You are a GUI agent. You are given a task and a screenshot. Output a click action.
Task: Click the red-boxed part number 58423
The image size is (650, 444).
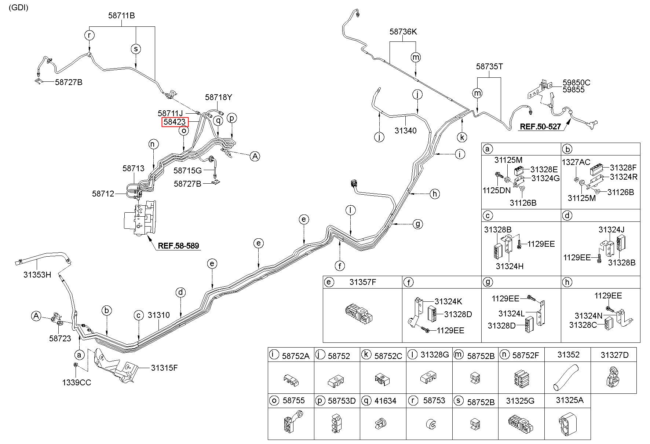tap(175, 122)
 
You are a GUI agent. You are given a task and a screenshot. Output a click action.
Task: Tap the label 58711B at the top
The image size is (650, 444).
tap(121, 16)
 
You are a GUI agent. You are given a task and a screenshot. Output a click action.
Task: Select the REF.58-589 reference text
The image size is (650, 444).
tap(179, 245)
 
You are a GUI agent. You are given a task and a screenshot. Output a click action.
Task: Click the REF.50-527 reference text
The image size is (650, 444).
tap(540, 127)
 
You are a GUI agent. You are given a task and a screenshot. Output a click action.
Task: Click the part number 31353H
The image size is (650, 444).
tap(37, 274)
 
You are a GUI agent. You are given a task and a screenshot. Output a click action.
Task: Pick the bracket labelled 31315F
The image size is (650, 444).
tap(115, 367)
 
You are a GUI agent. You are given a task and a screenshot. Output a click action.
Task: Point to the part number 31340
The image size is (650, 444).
tap(405, 131)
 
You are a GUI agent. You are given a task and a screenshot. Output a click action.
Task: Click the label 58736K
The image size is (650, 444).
tap(403, 32)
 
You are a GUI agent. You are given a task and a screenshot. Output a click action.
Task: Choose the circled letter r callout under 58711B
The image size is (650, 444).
tap(89, 35)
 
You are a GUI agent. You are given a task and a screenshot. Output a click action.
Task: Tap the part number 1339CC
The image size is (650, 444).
tap(76, 382)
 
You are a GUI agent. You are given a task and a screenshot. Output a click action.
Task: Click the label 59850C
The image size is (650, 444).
tap(576, 83)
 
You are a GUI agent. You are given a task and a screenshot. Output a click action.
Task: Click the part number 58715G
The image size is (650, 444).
tap(187, 170)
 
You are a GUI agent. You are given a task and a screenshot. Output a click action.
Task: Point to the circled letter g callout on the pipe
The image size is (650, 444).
tap(417, 223)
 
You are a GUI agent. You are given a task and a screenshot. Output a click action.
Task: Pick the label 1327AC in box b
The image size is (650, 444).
tap(576, 162)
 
